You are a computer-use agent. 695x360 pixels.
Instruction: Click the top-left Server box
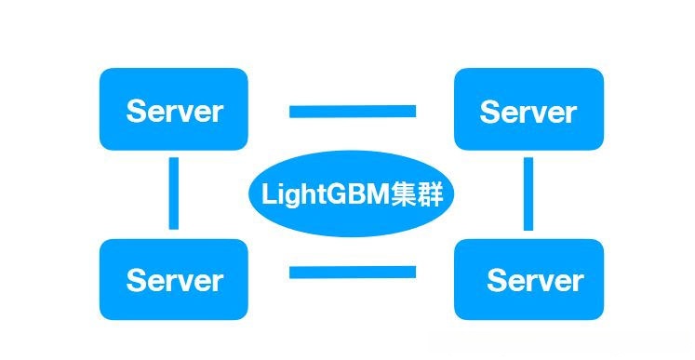[174, 110]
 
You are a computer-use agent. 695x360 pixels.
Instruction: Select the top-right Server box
[528, 110]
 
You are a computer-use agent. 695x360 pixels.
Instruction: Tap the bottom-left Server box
[174, 279]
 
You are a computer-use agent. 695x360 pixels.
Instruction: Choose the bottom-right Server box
[528, 279]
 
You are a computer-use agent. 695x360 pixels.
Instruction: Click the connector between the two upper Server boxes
[352, 112]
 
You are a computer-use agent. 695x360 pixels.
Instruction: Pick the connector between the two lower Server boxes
[352, 273]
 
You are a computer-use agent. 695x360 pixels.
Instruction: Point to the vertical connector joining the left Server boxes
[174, 193]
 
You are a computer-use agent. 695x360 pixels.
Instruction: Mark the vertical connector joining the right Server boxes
[528, 193]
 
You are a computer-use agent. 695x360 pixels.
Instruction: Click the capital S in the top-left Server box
[137, 112]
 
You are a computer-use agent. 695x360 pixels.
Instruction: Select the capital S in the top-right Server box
[490, 113]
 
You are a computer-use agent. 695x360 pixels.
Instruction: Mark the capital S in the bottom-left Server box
[137, 280]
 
